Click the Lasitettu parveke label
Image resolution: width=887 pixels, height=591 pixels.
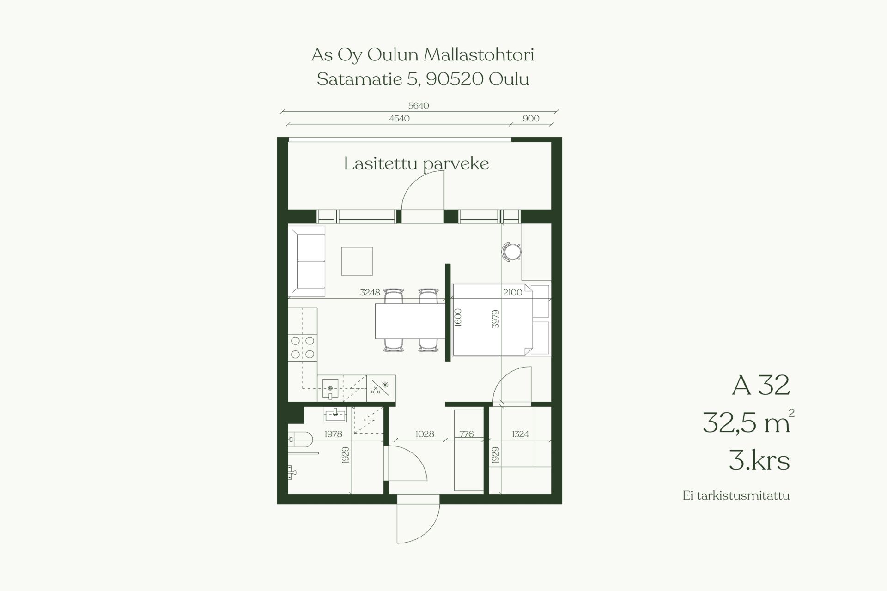[416, 164]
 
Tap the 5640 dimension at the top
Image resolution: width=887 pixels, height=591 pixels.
[419, 106]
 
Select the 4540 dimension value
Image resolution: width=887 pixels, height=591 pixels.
[399, 118]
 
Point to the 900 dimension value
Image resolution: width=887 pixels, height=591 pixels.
[531, 118]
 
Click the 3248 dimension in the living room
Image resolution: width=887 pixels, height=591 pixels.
[370, 292]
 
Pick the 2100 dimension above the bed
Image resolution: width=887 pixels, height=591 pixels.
[512, 292]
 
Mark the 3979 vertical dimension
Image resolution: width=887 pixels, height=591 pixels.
[496, 319]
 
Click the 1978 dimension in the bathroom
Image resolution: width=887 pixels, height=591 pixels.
[333, 434]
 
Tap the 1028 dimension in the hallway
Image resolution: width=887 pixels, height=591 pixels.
[425, 434]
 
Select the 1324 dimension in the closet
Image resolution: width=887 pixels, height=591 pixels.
[520, 434]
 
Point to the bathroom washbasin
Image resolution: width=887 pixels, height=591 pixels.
[335, 415]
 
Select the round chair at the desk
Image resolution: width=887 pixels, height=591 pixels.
[512, 252]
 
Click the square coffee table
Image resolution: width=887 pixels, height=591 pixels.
[357, 261]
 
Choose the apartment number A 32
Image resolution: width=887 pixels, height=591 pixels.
[761, 386]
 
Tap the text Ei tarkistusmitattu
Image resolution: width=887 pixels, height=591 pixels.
[736, 496]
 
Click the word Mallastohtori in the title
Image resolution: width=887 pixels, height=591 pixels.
[479, 55]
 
